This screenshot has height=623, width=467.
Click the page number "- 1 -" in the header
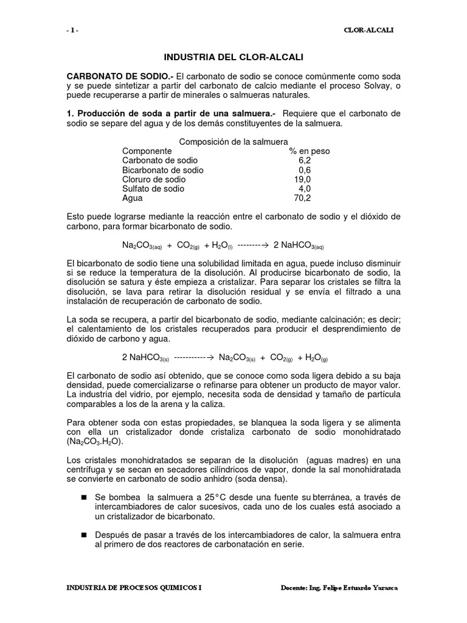click(72, 31)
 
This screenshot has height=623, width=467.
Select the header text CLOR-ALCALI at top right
click(368, 31)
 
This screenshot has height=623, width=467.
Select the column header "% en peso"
click(310, 151)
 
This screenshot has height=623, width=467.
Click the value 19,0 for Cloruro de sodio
click(302, 180)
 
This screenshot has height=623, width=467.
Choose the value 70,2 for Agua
click(302, 199)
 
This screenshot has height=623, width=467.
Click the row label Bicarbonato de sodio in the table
click(162, 170)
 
